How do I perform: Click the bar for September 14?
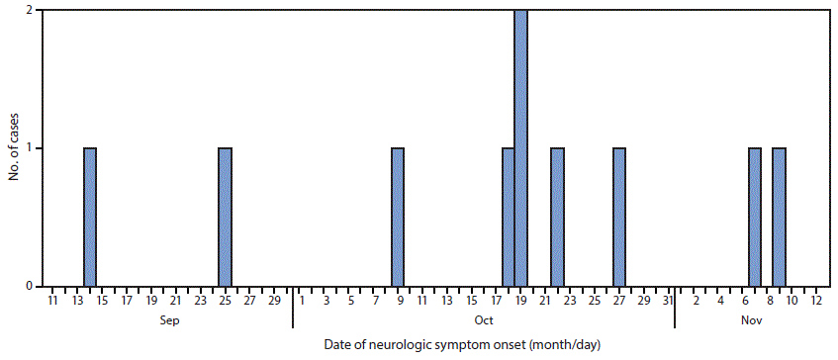tap(90, 218)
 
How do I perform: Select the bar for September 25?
tap(225, 218)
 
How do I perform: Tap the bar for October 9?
tap(398, 218)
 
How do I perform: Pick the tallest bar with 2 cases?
tap(520, 148)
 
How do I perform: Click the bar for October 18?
tap(509, 218)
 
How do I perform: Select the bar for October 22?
tap(557, 218)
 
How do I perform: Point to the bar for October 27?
tap(619, 218)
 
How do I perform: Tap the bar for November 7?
tap(755, 218)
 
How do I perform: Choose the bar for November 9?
tap(780, 218)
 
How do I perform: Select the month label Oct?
tap(483, 320)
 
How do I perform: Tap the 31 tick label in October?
tap(668, 300)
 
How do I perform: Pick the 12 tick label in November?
tap(815, 300)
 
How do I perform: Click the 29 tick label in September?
tap(274, 300)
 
